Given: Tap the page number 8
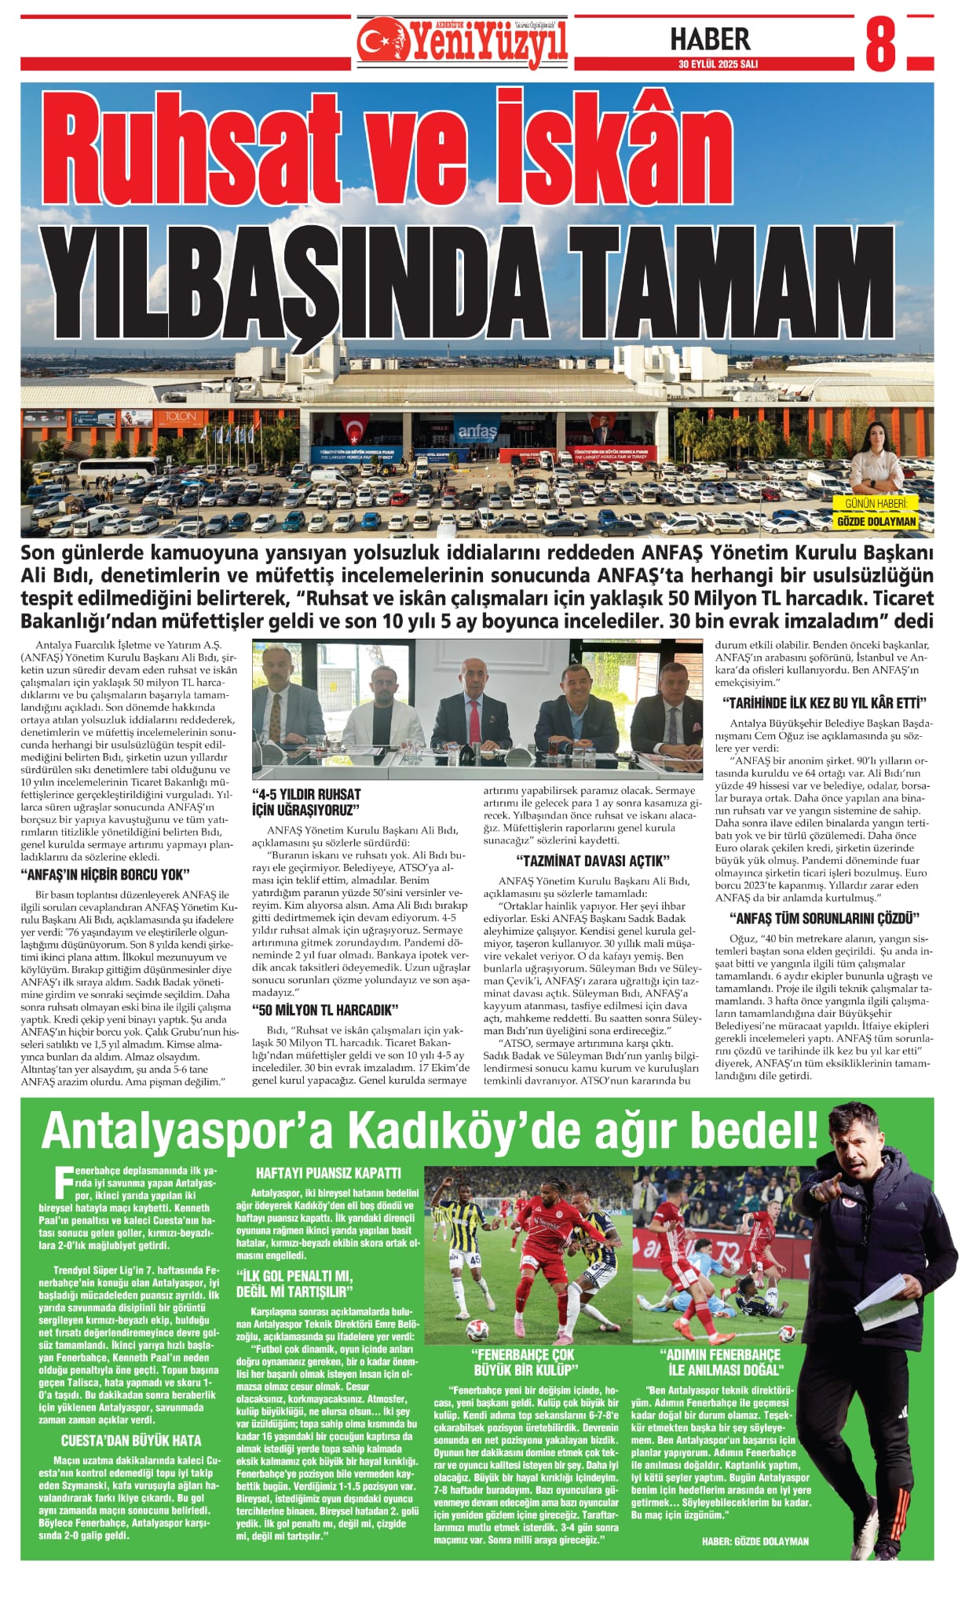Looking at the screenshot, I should click(x=879, y=45).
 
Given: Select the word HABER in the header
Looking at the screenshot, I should click(x=710, y=38).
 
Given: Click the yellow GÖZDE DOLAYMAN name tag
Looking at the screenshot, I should click(x=876, y=522).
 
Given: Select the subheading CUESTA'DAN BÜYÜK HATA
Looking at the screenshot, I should click(x=130, y=1441).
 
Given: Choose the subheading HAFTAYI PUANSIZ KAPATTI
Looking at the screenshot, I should click(x=328, y=1173).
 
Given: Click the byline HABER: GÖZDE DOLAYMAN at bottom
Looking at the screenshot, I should click(x=755, y=1541).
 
